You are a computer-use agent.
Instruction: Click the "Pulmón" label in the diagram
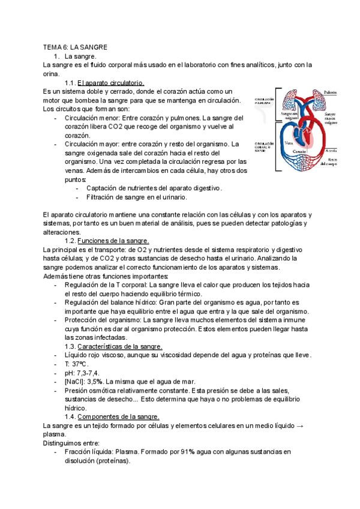(330, 92)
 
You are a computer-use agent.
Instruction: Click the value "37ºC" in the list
(79, 364)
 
